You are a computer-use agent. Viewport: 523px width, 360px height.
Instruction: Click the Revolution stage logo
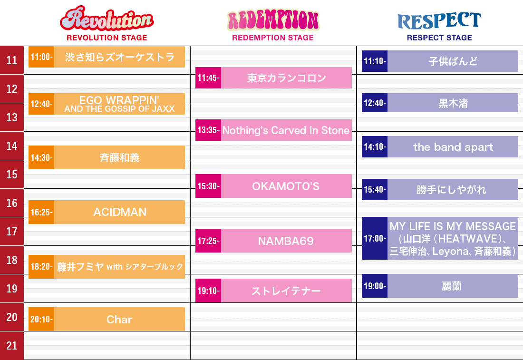click(107, 19)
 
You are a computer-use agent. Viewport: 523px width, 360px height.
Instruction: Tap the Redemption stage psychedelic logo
click(273, 20)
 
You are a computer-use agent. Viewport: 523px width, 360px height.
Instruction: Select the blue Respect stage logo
click(439, 20)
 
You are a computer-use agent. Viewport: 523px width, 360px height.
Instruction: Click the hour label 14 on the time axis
click(12, 146)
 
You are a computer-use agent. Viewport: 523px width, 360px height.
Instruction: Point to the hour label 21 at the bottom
click(12, 346)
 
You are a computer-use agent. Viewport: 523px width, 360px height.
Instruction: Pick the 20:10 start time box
click(41, 319)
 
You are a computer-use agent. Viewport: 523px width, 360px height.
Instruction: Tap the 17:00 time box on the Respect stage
click(375, 238)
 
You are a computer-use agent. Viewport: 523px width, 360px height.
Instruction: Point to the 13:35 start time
click(208, 130)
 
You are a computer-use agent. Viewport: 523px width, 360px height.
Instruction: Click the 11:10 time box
click(375, 61)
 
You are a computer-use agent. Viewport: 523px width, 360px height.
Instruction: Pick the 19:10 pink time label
click(208, 291)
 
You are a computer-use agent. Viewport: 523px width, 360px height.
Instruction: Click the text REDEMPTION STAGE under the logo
click(273, 38)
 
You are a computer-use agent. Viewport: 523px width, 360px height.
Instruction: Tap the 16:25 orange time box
click(41, 212)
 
